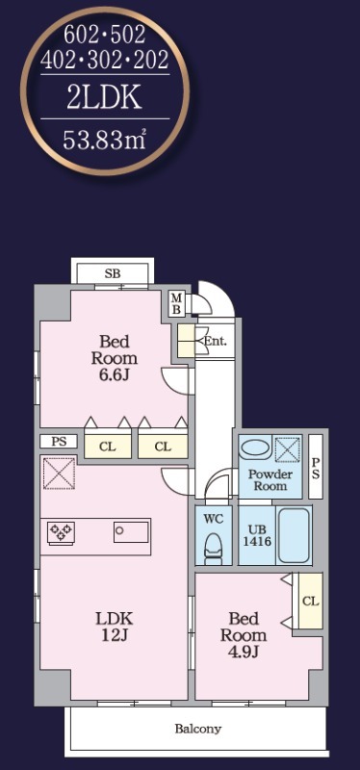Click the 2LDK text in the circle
105,97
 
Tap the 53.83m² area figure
105,141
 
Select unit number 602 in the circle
82,35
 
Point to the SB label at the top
113,274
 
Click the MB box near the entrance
177,303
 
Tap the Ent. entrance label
215,341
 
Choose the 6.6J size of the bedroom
115,375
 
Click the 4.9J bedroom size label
244,652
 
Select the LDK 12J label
115,627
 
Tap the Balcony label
198,729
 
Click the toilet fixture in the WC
213,548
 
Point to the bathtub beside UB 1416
294,535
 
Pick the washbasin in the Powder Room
254,449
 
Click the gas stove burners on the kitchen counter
61,532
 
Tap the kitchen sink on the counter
131,532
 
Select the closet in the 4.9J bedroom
310,601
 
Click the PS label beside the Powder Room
316,468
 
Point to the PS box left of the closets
59,441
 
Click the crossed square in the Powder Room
287,449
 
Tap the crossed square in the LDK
59,473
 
